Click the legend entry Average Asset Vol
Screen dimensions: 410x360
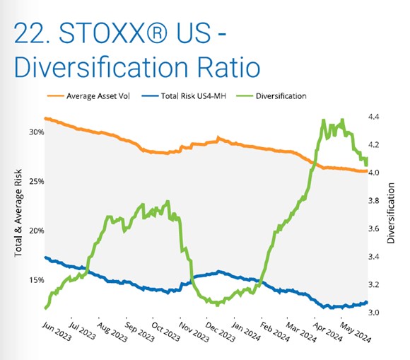point(88,96)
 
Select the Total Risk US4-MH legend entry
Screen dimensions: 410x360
point(184,96)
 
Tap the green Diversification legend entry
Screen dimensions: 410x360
point(271,96)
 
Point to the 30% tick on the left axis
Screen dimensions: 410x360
point(36,132)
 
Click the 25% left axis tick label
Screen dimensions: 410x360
point(36,181)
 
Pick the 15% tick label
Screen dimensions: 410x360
point(36,280)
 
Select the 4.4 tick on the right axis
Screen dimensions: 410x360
point(374,117)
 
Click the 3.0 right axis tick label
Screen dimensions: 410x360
point(374,313)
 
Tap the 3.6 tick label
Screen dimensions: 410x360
point(374,228)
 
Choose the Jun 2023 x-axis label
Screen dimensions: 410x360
point(57,332)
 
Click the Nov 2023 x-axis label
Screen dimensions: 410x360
point(194,332)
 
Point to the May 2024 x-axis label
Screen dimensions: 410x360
point(356,332)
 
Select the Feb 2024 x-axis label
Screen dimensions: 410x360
point(275,332)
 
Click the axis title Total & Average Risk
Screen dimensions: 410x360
point(18,213)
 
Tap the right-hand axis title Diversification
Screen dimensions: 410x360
point(391,213)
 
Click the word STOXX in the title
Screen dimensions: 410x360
point(102,33)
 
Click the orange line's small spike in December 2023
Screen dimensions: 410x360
point(218,138)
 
